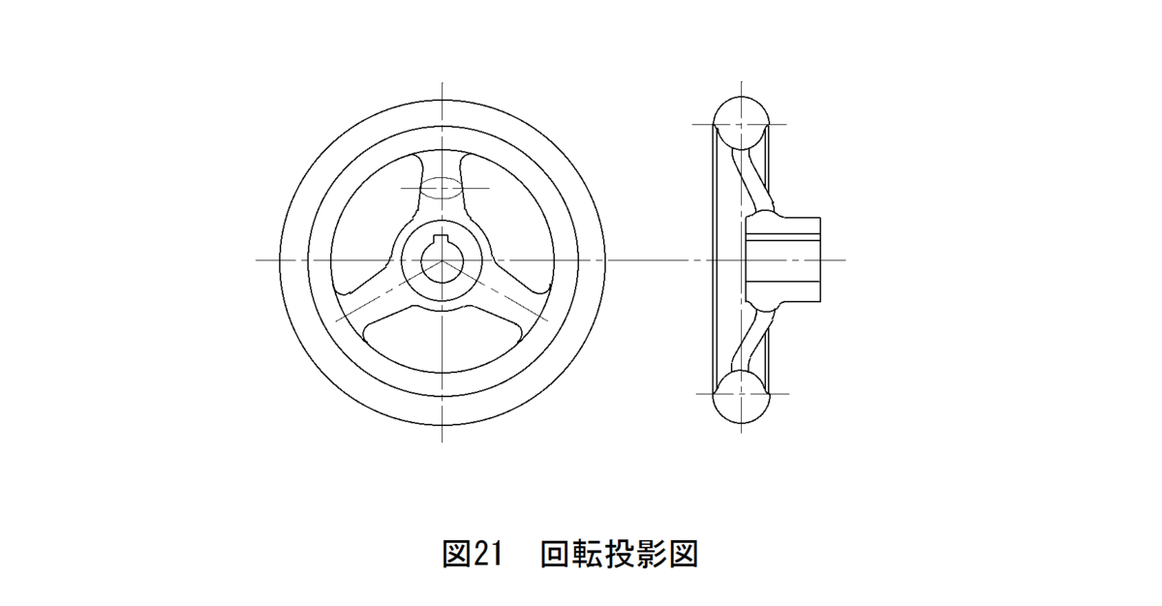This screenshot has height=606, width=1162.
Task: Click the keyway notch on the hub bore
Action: (441, 239)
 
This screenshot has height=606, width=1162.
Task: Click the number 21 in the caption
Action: (488, 554)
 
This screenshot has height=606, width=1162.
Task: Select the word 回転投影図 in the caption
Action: (620, 554)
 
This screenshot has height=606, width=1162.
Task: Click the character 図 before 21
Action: (456, 554)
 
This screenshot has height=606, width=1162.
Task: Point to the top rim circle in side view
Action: (741, 123)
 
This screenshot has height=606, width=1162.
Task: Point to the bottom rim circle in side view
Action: (742, 396)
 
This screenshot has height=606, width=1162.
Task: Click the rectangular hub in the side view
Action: (783, 259)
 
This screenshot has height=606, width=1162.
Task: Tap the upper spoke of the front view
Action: (441, 192)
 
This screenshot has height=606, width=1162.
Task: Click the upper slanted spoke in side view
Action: (753, 179)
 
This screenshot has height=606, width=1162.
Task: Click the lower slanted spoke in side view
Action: (753, 340)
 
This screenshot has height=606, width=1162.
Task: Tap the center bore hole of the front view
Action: (441, 262)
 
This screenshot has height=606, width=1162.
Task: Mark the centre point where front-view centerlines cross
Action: (442, 259)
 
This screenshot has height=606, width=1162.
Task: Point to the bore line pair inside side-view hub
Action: (783, 236)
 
